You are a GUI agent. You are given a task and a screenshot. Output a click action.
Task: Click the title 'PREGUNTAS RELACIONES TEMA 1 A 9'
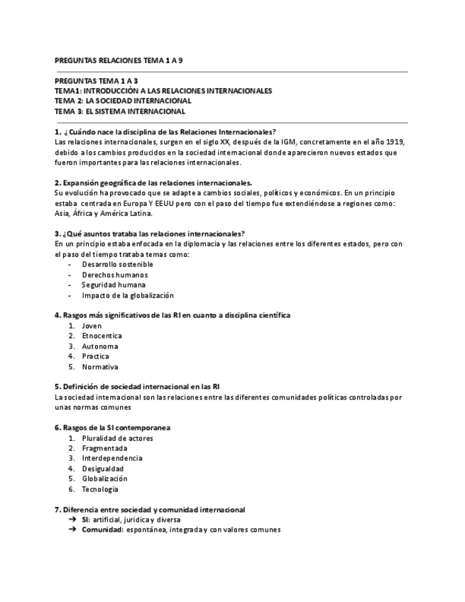tap(119, 60)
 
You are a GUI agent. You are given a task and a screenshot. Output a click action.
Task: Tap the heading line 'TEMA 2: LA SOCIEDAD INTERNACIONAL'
tap(123, 101)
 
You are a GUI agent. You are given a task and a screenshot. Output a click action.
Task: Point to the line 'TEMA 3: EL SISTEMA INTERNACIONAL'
tap(120, 111)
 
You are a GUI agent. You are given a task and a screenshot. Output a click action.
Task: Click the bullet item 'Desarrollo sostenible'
tap(117, 264)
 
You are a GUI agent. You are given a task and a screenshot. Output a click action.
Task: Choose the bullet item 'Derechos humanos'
tap(114, 275)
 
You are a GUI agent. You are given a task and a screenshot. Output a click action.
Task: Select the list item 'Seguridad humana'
tap(114, 285)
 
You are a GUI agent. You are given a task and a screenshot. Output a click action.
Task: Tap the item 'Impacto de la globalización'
tap(127, 295)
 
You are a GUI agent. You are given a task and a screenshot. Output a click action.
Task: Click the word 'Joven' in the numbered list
tap(92, 326)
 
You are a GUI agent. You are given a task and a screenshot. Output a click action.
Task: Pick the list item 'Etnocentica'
tap(102, 336)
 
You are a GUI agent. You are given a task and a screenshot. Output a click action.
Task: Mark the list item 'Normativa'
tap(99, 367)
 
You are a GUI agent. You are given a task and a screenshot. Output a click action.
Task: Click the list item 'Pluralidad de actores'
tap(117, 438)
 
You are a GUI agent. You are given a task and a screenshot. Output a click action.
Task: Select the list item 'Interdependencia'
tap(111, 458)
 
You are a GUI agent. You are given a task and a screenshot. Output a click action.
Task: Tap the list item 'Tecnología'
tap(100, 489)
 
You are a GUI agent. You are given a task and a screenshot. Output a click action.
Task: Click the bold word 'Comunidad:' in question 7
tap(102, 530)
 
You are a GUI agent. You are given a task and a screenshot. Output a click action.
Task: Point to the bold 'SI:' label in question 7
tap(86, 520)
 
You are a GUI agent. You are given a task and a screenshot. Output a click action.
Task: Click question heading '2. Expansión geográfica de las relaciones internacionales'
tap(153, 182)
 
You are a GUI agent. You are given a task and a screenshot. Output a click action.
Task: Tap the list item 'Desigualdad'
tap(102, 469)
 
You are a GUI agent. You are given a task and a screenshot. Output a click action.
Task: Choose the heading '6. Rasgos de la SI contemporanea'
tap(112, 427)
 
